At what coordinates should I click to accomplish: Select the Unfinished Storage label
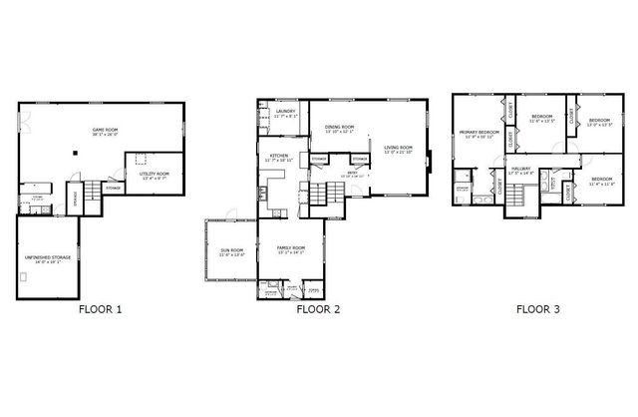(46, 259)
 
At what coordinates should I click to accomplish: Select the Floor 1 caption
(100, 309)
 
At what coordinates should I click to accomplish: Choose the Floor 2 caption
(319, 309)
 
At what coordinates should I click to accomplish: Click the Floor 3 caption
(537, 309)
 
